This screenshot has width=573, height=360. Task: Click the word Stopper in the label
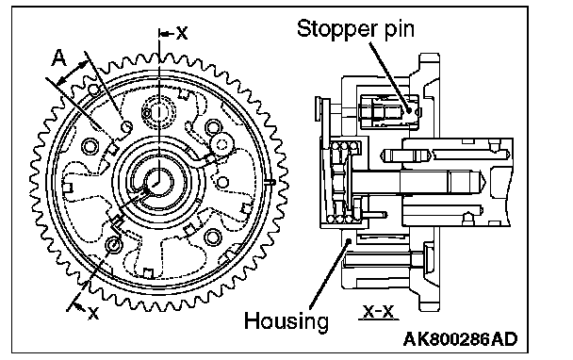click(337, 29)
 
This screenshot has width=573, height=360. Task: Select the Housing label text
click(286, 321)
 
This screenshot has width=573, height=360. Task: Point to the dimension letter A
click(59, 58)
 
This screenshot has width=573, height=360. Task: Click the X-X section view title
click(379, 312)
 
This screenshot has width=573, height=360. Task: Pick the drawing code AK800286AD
click(460, 339)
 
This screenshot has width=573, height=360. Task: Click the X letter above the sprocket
click(182, 33)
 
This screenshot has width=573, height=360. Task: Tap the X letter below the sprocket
click(93, 313)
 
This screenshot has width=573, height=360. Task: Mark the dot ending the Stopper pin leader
click(410, 108)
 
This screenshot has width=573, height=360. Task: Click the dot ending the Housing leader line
click(349, 240)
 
